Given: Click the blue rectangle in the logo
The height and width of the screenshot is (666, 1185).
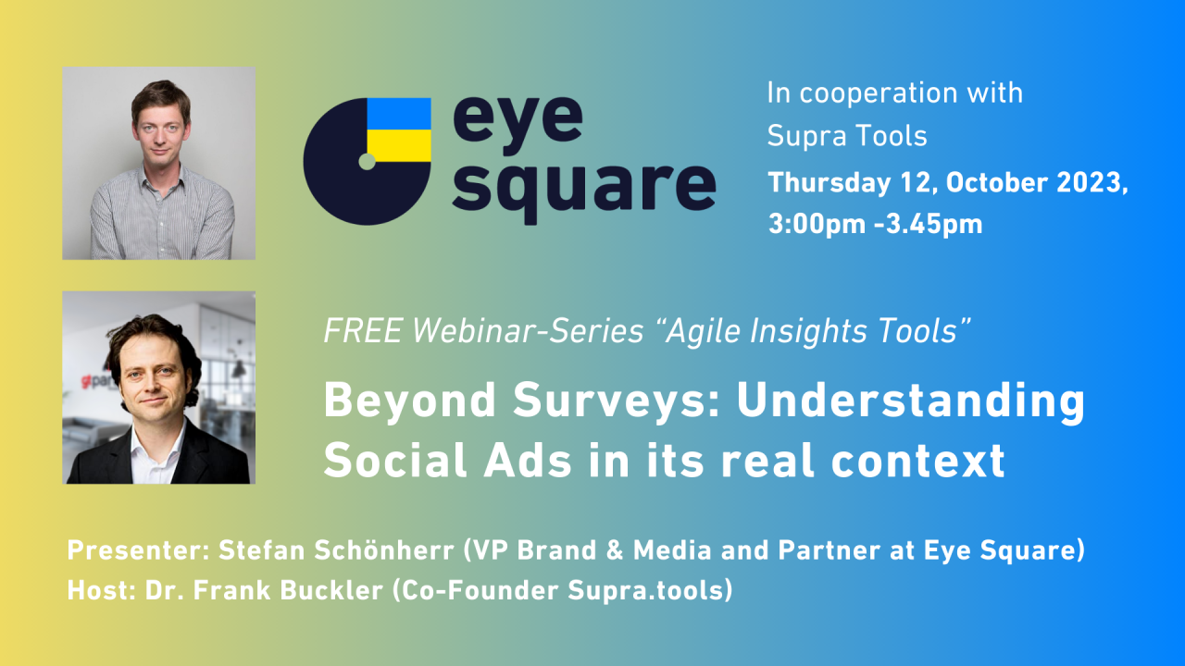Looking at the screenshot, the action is pos(399,114).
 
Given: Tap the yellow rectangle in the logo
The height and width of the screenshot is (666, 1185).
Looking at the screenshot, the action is pos(399,146).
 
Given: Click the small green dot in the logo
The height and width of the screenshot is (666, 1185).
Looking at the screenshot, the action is pos(367,162).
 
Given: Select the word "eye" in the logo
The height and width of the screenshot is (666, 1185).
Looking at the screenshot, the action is pos(518,126).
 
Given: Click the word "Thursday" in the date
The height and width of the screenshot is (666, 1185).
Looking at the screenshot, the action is pos(829,183).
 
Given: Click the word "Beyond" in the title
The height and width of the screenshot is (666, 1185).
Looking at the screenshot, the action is pos(410,401).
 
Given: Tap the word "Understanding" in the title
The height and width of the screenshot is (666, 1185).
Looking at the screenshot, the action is pos(910,401).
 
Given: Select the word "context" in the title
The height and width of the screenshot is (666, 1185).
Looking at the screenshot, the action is pos(917,461).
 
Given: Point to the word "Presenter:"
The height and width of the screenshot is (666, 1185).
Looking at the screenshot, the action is pos(139,550).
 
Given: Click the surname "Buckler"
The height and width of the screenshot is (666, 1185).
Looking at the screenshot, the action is pos(331,590).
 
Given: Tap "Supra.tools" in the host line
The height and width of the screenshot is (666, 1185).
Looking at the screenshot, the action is pos(645,591).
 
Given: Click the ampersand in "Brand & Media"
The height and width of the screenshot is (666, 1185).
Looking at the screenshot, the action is pos(615,550).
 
